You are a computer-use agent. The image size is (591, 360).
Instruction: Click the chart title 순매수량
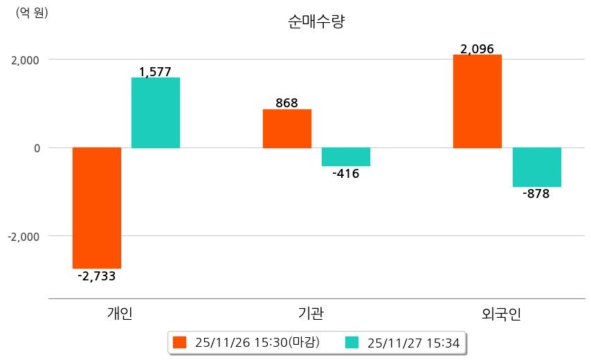316,22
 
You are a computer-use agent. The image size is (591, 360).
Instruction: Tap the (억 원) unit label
32,12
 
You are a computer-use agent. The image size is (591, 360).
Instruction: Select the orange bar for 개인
97,208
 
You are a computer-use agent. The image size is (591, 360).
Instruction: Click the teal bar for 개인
156,113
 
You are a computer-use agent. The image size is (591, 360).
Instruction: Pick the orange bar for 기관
287,129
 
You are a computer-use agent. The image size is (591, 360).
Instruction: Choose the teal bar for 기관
346,157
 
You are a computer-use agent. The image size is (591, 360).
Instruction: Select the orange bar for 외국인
477,101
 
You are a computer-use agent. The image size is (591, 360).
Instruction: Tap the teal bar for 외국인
536,167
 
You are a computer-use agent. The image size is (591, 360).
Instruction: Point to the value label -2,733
97,276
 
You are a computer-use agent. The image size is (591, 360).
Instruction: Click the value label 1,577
156,71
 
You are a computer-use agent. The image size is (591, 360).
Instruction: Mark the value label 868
287,103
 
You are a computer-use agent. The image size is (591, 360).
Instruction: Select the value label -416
346,174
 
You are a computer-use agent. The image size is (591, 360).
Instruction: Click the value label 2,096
477,49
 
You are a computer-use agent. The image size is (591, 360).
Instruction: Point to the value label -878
536,194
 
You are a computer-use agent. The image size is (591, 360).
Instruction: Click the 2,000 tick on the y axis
25,60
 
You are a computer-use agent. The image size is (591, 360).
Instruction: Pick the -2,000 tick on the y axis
23,237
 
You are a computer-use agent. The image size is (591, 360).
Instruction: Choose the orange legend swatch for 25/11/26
180,342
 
